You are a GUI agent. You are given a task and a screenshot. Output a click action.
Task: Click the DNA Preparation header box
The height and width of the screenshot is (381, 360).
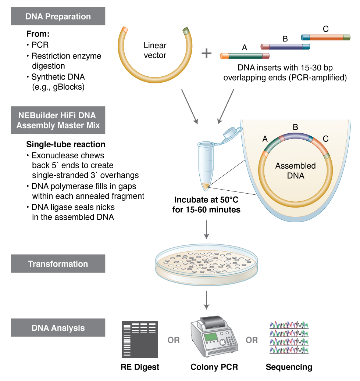pyautogui.click(x=58, y=17)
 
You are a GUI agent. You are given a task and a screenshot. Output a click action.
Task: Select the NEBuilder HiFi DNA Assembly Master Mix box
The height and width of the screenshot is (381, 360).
pyautogui.click(x=58, y=120)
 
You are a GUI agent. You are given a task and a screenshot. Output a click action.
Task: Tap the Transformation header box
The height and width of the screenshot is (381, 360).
pyautogui.click(x=58, y=264)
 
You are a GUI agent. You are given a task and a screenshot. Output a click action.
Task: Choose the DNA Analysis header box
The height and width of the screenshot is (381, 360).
pyautogui.click(x=58, y=328)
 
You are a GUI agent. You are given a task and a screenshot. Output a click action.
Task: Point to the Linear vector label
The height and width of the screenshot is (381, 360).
pyautogui.click(x=155, y=50)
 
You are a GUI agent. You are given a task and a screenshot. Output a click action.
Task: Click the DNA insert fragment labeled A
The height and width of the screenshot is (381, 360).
pyautogui.click(x=245, y=56)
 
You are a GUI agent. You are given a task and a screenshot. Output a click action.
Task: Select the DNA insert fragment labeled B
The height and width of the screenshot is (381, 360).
pyautogui.click(x=285, y=47)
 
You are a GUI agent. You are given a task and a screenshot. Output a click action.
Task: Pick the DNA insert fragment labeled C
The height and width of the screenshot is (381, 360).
pyautogui.click(x=325, y=37)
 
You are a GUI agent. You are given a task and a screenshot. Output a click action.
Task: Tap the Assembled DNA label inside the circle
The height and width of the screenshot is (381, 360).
pyautogui.click(x=295, y=170)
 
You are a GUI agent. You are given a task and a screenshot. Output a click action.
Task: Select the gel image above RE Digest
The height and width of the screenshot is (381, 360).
pyautogui.click(x=140, y=339)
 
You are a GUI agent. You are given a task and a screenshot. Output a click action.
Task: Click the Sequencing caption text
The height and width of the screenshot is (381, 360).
pyautogui.click(x=289, y=367)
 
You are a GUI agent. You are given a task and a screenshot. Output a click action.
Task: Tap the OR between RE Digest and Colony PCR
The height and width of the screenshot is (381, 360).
pyautogui.click(x=174, y=340)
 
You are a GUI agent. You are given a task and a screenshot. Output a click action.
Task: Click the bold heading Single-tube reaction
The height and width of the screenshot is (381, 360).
pyautogui.click(x=66, y=144)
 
